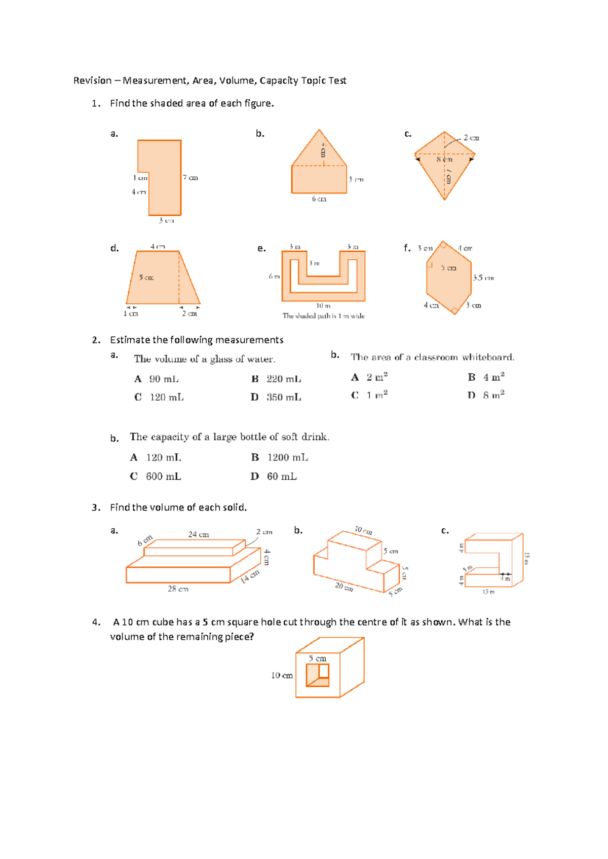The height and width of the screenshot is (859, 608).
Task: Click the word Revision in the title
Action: coord(92,81)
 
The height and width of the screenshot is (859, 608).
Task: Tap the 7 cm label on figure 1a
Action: coord(191,178)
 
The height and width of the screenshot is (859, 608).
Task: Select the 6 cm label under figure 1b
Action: coord(319,199)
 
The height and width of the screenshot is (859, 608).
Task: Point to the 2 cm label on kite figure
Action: coord(471,138)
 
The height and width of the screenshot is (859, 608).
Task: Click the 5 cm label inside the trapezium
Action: coord(146,278)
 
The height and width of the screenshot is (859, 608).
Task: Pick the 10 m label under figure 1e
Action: coord(323,306)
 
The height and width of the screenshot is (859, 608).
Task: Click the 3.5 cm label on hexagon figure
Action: coord(483,278)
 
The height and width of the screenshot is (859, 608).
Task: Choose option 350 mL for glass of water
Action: coord(284,398)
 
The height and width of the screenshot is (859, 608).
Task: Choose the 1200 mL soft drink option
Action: coord(287,458)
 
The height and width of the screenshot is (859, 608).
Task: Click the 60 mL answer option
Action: coord(282,477)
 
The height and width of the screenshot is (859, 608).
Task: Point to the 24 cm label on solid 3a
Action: coord(199,534)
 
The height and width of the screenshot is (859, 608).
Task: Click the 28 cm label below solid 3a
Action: coord(178,589)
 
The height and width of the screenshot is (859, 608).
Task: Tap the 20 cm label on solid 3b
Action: coord(344,587)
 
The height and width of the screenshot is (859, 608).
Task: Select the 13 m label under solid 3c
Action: coord(488,592)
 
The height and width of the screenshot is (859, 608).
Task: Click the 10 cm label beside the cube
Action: coord(282,676)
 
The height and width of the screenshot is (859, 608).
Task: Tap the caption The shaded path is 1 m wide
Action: coord(323,316)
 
